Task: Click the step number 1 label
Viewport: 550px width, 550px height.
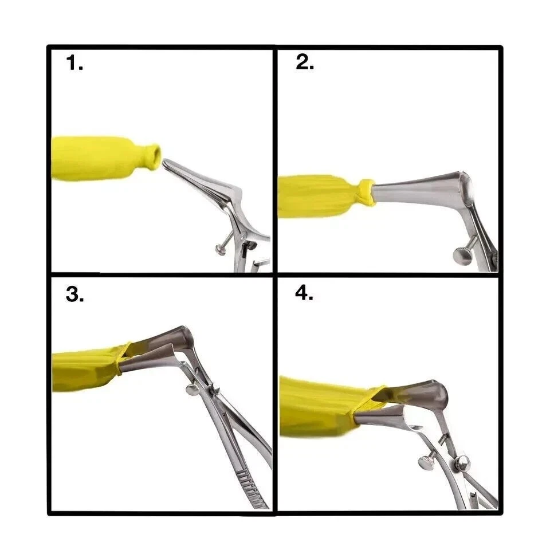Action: click(74, 63)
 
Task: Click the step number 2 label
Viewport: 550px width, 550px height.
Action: click(305, 62)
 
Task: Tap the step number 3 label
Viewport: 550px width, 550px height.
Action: click(74, 294)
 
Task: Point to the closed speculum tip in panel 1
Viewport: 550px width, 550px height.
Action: click(166, 163)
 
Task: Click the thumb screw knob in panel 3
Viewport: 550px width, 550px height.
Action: click(192, 390)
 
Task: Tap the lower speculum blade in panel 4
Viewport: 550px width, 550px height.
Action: click(386, 417)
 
